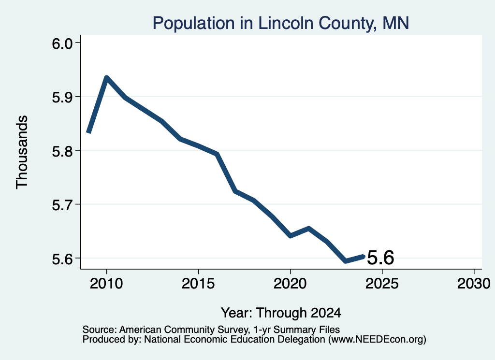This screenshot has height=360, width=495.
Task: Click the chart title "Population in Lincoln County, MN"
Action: pyautogui.click(x=281, y=23)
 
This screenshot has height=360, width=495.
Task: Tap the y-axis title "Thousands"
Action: pyautogui.click(x=22, y=152)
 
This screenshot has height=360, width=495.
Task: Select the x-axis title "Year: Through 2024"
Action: pyautogui.click(x=281, y=313)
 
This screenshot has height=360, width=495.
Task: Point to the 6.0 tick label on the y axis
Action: pyautogui.click(x=62, y=43)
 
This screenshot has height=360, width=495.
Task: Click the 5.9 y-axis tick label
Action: pyautogui.click(x=62, y=97)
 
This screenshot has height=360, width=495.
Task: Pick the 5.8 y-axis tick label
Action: pyautogui.click(x=62, y=151)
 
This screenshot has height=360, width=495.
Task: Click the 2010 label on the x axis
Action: pyautogui.click(x=106, y=284)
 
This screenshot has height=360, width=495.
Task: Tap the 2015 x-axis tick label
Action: pyautogui.click(x=198, y=284)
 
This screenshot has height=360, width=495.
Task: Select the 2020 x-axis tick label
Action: pyautogui.click(x=290, y=284)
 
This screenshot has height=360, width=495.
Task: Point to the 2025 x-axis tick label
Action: pyautogui.click(x=382, y=284)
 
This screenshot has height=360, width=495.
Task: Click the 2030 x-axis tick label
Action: pyautogui.click(x=474, y=284)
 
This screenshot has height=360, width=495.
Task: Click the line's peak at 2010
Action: pyautogui.click(x=106, y=78)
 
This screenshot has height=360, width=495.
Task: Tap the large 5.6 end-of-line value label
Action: pyautogui.click(x=381, y=258)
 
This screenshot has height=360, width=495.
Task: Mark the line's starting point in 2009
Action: pyautogui.click(x=89, y=132)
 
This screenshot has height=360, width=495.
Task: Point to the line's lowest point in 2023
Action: pyautogui.click(x=346, y=261)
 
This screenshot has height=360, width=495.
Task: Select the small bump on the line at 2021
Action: pyautogui.click(x=308, y=229)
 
